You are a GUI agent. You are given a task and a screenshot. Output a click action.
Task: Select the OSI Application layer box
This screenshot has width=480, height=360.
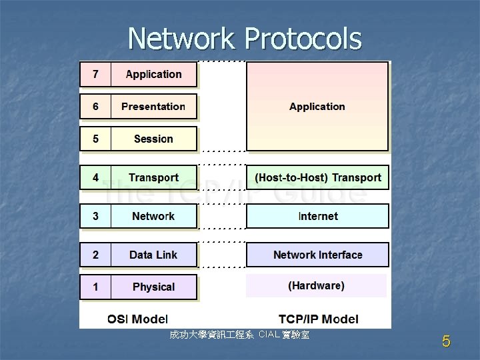154,75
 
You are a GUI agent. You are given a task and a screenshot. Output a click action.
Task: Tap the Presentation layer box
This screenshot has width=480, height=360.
154,107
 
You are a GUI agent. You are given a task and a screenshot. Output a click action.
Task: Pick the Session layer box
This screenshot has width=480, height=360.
154,139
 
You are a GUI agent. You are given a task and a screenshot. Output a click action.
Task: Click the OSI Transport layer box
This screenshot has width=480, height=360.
154,177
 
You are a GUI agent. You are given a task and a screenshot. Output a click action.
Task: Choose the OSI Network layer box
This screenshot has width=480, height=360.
154,216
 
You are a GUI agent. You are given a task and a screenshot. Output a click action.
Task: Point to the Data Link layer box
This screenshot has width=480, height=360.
154,255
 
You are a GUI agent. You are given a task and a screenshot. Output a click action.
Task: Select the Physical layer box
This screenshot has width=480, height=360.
154,287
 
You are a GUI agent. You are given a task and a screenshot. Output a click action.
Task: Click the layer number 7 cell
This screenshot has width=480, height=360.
95,75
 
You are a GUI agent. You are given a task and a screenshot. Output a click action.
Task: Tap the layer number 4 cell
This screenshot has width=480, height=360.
95,177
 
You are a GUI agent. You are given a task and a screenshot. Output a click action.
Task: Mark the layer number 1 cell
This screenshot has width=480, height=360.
95,287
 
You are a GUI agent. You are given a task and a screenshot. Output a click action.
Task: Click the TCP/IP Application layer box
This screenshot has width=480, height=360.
317,107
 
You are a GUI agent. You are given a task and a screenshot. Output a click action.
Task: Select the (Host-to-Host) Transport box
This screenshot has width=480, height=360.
317,177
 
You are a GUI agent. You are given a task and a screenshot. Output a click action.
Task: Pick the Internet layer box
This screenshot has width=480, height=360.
317,216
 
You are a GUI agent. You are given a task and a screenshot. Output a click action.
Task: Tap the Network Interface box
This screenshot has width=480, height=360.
317,255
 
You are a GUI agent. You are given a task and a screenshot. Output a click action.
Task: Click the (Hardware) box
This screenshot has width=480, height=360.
316,285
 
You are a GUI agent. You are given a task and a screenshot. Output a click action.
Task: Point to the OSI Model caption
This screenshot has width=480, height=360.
137,319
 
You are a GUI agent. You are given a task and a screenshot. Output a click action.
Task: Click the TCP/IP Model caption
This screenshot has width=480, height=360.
318,319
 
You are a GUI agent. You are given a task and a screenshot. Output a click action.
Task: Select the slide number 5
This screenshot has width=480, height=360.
446,342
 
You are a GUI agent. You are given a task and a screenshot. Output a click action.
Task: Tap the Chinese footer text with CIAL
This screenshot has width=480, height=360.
239,334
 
